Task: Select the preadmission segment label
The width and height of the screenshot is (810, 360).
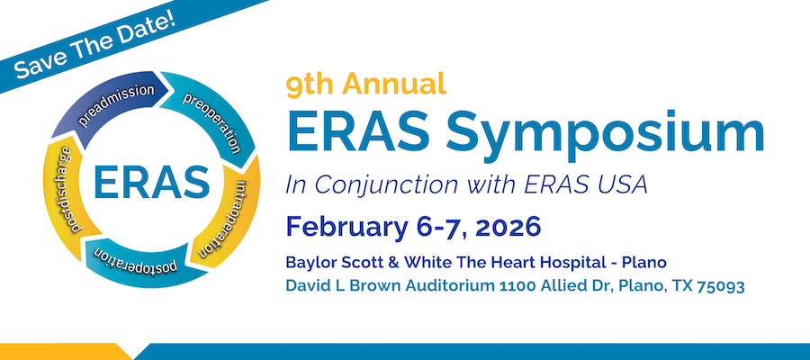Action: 124,106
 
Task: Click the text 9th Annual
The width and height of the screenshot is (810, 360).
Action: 366,85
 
